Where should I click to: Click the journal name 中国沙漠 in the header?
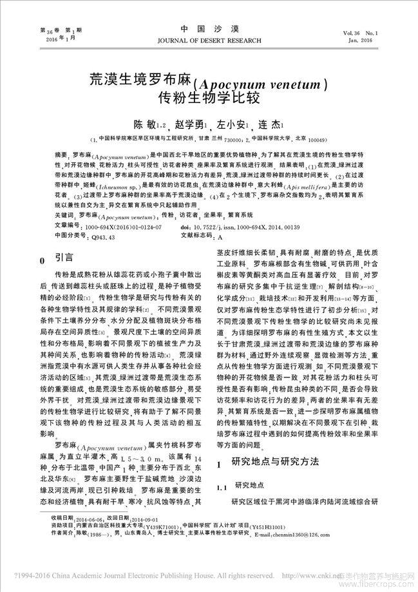(x=209, y=30)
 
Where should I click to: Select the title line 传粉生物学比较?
(x=209, y=99)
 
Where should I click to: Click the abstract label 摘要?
(x=62, y=156)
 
